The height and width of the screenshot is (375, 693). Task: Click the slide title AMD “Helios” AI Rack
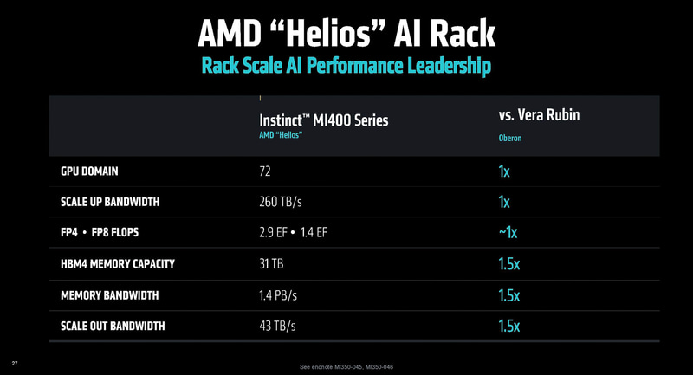(x=346, y=32)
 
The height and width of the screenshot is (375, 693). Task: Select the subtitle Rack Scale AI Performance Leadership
(x=346, y=65)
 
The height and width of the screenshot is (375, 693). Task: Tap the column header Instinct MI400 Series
(x=323, y=120)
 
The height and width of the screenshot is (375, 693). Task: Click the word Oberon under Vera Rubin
(x=510, y=137)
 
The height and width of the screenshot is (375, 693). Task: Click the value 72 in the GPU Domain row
(x=267, y=171)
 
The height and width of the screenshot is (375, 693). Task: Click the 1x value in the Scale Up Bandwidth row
(x=504, y=202)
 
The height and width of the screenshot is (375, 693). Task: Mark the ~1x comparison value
(x=508, y=232)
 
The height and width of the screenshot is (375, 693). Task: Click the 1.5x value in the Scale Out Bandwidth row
(x=509, y=326)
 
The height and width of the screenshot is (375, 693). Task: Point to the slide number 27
(x=14, y=361)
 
